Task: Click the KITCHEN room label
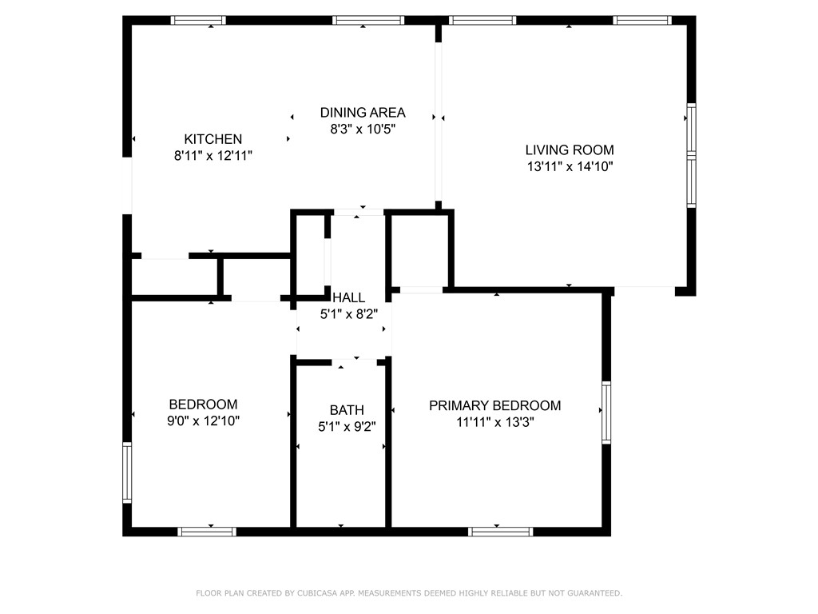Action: pos(212,138)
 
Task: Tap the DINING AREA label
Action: pos(363,113)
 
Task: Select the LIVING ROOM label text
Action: pos(569,150)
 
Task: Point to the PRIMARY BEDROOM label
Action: pos(494,405)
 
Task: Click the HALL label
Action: pos(349,297)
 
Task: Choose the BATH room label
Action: pos(347,410)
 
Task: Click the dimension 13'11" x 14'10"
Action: pos(569,167)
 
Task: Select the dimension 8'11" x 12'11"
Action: pos(212,156)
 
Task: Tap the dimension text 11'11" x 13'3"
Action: pos(494,423)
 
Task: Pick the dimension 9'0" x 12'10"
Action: pos(203,421)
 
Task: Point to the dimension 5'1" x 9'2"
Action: pos(347,427)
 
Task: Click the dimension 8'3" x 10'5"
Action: pos(363,130)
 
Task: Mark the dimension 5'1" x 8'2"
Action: pos(349,314)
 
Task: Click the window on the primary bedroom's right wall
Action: pos(606,413)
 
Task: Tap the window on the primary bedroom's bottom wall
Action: pos(500,531)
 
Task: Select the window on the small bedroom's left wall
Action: pos(127,473)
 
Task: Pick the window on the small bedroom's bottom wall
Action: pos(206,531)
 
